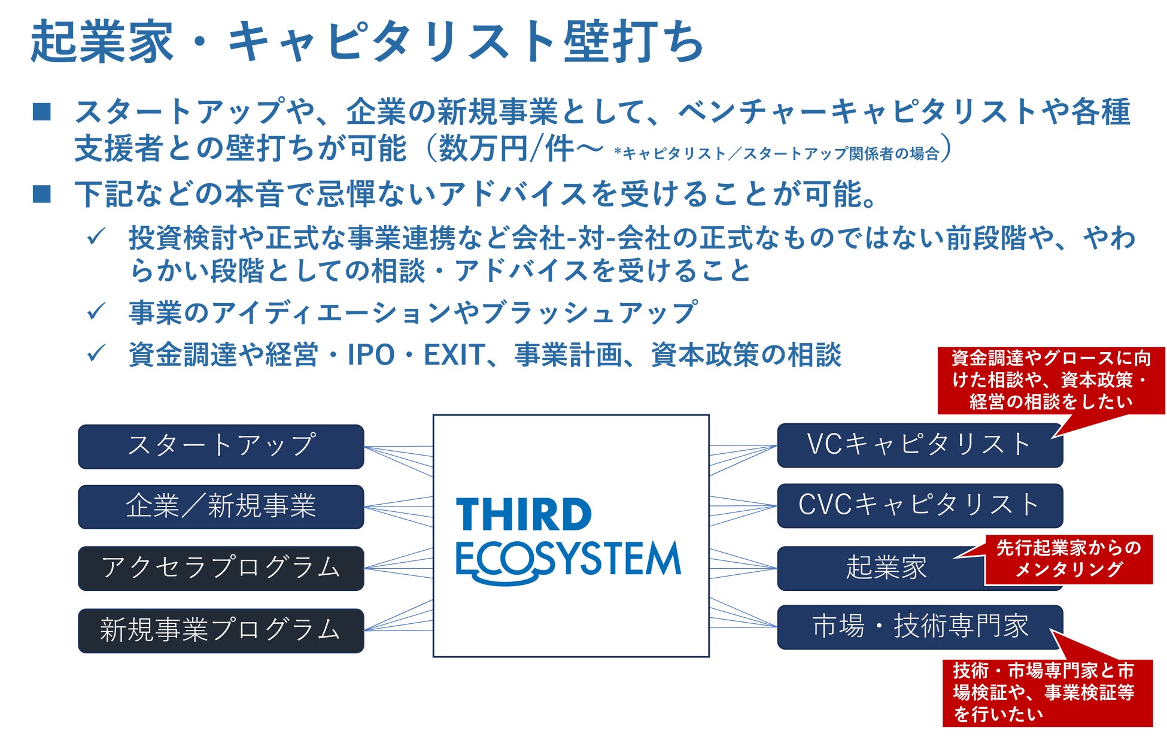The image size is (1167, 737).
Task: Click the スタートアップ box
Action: [x=221, y=447]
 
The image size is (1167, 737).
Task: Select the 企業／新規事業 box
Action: [x=221, y=507]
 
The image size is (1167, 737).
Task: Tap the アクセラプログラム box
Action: [x=221, y=568]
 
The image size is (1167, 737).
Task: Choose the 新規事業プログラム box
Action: [x=221, y=630]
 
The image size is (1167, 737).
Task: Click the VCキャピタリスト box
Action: [x=920, y=445]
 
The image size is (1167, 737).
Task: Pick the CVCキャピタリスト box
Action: [x=920, y=506]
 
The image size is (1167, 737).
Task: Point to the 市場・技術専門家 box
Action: [x=920, y=627]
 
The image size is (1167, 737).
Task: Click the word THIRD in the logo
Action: [x=524, y=515]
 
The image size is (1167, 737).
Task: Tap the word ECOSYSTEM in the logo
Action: [x=568, y=562]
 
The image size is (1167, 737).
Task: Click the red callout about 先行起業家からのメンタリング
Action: [x=1069, y=559]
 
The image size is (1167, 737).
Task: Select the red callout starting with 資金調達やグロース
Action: [x=1051, y=381]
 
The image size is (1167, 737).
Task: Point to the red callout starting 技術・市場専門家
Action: [x=1048, y=692]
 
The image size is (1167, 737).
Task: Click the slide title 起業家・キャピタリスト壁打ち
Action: [x=367, y=41]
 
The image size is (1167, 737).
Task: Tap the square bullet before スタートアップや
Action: [x=42, y=112]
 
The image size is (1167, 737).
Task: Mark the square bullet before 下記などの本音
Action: [x=42, y=194]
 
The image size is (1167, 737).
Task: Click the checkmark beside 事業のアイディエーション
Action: [x=96, y=311]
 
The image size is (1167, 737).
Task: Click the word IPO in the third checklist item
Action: [x=371, y=355]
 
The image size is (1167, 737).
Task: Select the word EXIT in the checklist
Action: [x=454, y=355]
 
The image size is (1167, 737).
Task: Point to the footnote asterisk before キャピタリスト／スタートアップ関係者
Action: [x=618, y=151]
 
